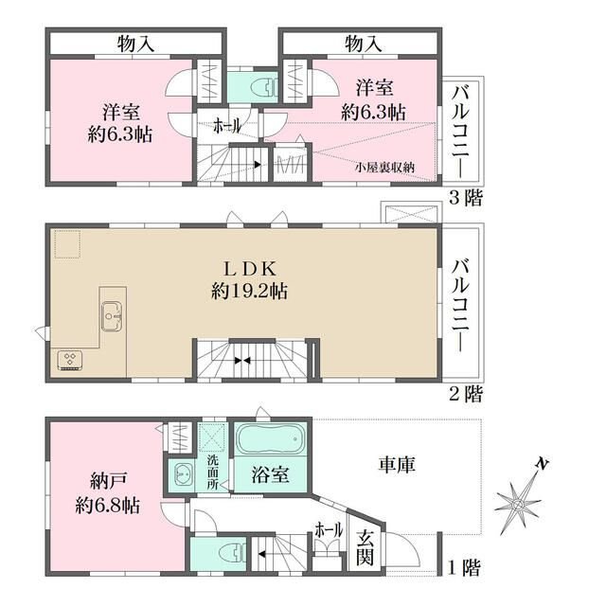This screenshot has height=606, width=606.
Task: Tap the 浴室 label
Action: click(x=270, y=474)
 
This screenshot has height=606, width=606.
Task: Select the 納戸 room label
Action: click(x=108, y=481)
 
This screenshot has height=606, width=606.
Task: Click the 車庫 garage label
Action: click(x=397, y=465)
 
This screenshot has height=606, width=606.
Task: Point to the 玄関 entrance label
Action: click(x=365, y=547)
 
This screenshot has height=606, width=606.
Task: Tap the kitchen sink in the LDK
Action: click(x=112, y=316)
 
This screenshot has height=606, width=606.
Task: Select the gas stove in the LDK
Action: click(x=69, y=360)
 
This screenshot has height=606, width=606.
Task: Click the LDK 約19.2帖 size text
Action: click(x=249, y=291)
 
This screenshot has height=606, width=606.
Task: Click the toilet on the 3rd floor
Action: click(x=264, y=88)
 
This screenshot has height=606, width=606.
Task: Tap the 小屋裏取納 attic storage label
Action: click(x=385, y=168)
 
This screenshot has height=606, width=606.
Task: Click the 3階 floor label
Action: click(x=466, y=199)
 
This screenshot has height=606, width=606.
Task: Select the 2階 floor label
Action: click(x=466, y=395)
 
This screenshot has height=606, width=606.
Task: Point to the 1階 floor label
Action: click(x=464, y=568)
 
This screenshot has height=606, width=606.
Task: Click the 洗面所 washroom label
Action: click(x=212, y=472)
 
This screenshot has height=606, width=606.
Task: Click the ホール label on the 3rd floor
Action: click(x=227, y=126)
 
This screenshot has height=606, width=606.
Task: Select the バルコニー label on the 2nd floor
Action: click(x=461, y=305)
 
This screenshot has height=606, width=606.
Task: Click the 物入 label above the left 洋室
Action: click(x=136, y=44)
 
